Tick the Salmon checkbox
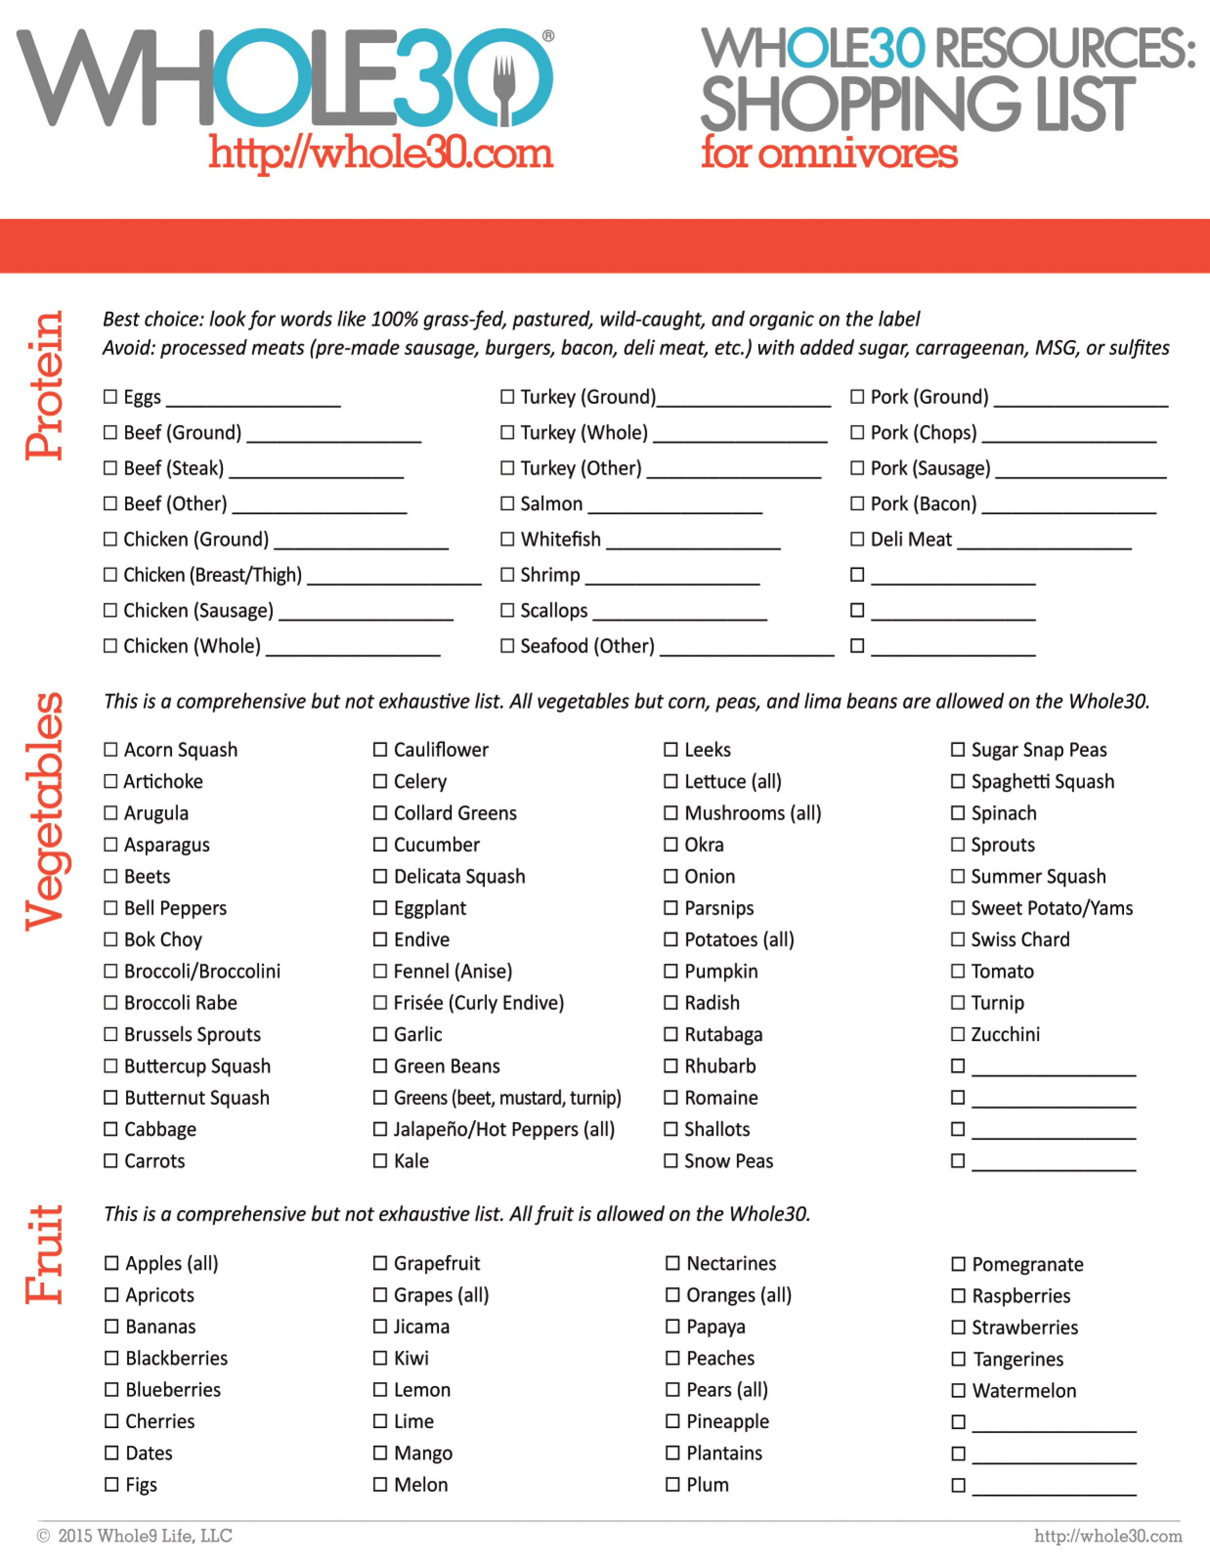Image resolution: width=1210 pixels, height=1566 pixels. (507, 504)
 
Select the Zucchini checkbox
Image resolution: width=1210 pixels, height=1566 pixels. (958, 1034)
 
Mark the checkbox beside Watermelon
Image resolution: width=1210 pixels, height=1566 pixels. (958, 1390)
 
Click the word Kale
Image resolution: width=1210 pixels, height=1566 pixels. (412, 1161)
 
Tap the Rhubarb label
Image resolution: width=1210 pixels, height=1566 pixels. (720, 1066)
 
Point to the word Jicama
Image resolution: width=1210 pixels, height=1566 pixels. (421, 1326)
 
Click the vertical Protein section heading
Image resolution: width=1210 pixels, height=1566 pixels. (44, 385)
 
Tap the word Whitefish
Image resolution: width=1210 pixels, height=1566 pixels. (561, 539)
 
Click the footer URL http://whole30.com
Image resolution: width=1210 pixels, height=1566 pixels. (1107, 1536)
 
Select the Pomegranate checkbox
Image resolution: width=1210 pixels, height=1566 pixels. (958, 1264)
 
